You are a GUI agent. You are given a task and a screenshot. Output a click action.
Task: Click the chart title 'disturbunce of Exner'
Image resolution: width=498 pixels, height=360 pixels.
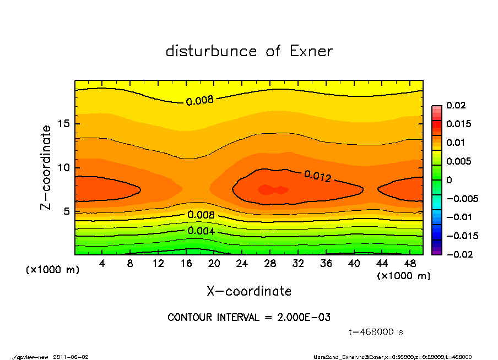pyautogui.click(x=249, y=52)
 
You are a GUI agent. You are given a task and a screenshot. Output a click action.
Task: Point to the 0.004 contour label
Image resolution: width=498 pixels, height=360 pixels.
pyautogui.click(x=201, y=231)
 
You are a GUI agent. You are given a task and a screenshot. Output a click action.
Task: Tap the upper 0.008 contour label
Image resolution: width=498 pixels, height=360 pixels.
pyautogui.click(x=199, y=101)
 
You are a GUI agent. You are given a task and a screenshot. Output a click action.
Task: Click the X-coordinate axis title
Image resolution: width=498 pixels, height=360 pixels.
pyautogui.click(x=249, y=291)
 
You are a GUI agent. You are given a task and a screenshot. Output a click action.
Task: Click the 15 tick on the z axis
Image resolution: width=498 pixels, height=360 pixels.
pyautogui.click(x=63, y=124)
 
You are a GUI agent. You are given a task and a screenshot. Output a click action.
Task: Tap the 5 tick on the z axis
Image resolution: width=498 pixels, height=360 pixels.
pyautogui.click(x=66, y=211)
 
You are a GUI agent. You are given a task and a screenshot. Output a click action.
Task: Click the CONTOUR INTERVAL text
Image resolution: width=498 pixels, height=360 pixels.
pyautogui.click(x=249, y=318)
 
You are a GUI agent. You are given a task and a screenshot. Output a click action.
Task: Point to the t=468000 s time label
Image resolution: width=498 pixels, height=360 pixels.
pyautogui.click(x=376, y=332)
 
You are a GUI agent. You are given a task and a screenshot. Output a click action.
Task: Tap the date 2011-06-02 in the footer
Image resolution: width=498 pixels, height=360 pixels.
pyautogui.click(x=71, y=357)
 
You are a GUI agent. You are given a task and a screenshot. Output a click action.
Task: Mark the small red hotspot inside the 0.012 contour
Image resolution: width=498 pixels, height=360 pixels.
pyautogui.click(x=272, y=190)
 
